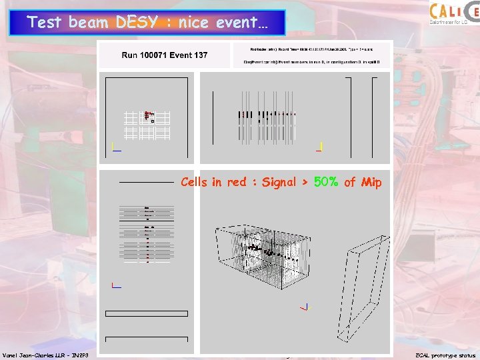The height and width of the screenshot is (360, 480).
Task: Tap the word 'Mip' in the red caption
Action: tap(372, 182)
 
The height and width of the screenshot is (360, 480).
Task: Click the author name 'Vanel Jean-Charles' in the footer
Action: tap(32, 355)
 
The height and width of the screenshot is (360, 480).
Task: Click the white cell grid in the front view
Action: tap(147, 124)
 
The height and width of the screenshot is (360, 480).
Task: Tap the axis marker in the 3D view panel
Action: tap(306, 307)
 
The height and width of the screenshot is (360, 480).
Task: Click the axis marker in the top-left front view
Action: tap(115, 147)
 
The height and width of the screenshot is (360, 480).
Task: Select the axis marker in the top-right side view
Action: tap(320, 147)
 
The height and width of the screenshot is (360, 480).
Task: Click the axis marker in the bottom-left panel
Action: tap(115, 286)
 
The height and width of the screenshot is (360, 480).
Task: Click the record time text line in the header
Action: tap(311, 49)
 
